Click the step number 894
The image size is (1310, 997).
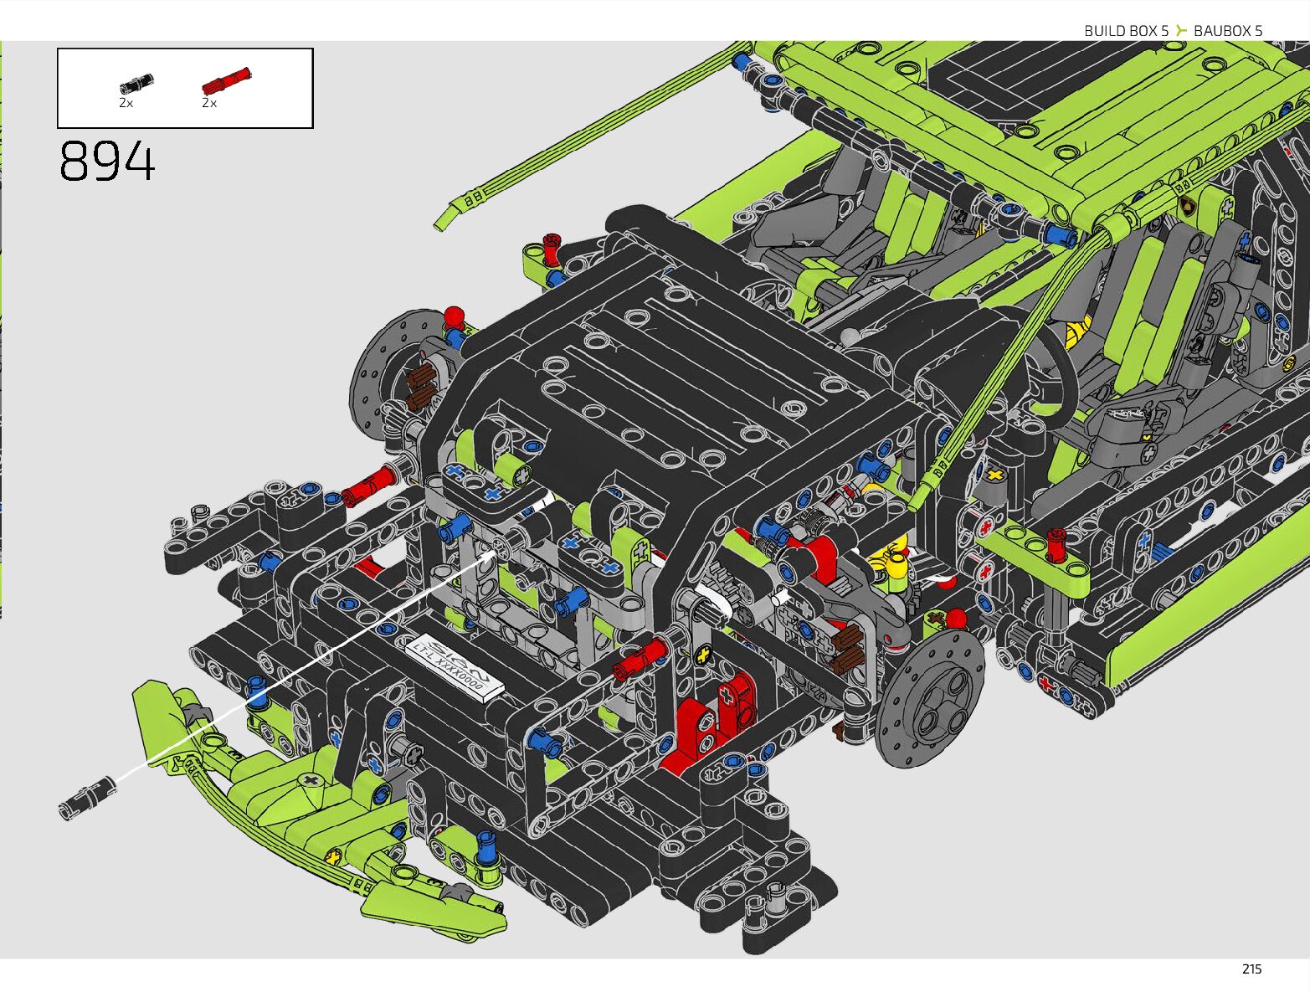click(107, 161)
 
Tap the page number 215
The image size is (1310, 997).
click(1251, 969)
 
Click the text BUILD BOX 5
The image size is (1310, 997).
click(1126, 31)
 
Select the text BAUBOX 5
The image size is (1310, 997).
click(1228, 31)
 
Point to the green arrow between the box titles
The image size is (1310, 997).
click(1181, 30)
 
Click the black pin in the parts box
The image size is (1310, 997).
click(136, 84)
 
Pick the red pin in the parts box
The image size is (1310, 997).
click(226, 81)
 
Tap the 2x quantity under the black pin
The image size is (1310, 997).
click(126, 103)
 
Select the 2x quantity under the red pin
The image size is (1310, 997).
click(209, 103)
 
